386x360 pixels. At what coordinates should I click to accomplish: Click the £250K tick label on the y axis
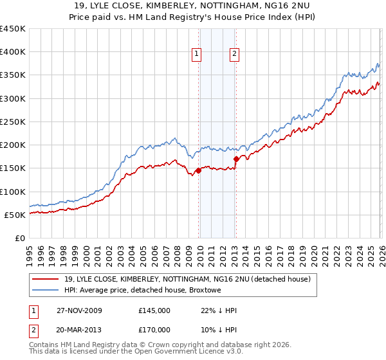[13, 122]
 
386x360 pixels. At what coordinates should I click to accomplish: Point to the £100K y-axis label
[13, 192]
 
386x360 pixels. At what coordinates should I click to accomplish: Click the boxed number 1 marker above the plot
[196, 54]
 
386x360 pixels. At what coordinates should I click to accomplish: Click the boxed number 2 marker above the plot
[234, 54]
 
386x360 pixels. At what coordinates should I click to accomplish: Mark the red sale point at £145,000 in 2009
[198, 170]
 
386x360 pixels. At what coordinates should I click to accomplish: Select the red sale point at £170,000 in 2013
[236, 158]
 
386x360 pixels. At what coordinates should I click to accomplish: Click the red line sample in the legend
[46, 279]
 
